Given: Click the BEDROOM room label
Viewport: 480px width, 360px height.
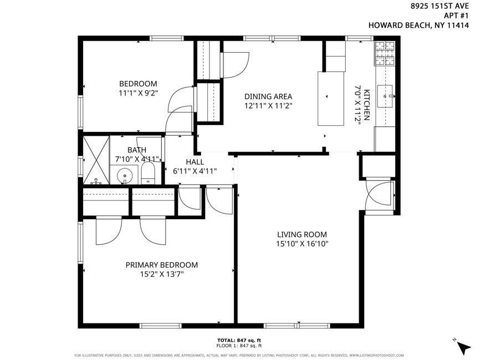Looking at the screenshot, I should click(138, 84).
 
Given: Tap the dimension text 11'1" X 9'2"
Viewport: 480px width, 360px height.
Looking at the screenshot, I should click(138, 93).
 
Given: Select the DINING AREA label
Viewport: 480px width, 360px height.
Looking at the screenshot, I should click(268, 96).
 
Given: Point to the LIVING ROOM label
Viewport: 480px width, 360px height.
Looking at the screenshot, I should click(302, 234).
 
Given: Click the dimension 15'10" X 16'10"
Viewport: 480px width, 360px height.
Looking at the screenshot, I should click(302, 244).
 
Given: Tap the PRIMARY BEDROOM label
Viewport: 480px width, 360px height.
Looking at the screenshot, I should click(161, 265).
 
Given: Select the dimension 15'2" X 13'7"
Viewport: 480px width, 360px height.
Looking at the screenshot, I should click(161, 274).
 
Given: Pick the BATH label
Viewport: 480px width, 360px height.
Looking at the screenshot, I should click(137, 150).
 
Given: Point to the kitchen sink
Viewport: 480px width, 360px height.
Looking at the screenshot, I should click(386, 96).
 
